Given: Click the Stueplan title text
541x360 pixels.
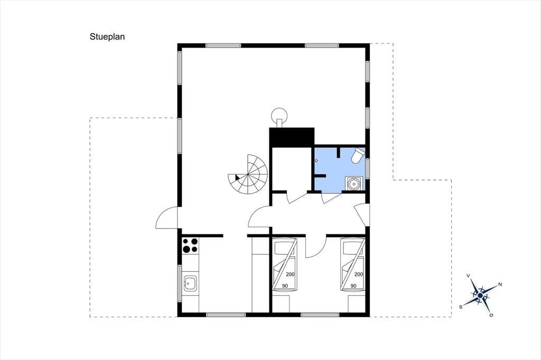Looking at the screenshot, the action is point(107,37).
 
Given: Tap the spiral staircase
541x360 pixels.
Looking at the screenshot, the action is point(248,174).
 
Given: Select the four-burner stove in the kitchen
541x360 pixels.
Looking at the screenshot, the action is point(190,245).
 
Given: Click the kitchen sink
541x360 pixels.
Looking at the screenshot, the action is point(190,283).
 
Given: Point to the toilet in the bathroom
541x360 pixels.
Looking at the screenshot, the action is point(358,155).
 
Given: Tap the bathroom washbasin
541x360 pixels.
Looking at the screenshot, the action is point(354,183).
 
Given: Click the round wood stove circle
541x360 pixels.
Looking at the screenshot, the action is point(279,115).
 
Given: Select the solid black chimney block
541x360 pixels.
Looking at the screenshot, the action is point(292,137).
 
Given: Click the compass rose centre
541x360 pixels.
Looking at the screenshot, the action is point(480,295).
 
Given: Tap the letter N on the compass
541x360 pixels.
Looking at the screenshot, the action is point(500,285).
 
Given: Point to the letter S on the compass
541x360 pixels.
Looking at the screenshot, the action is point(461,307).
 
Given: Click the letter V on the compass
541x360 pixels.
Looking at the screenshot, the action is point(468,276).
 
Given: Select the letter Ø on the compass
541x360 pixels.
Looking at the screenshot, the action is point(491,315).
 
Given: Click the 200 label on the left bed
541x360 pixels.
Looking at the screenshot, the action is point(290,274).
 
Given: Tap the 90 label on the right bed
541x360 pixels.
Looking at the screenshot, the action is point(353,286).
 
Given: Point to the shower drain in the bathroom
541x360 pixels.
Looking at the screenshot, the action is point(316,160).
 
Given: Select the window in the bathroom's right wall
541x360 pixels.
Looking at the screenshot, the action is point(368,168).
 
